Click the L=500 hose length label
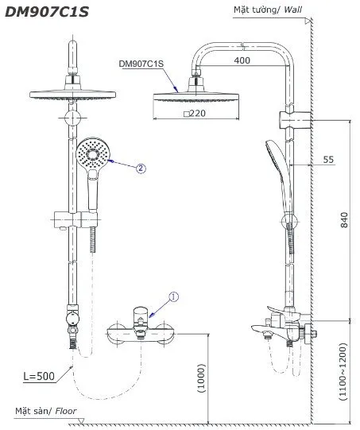coord(37,376)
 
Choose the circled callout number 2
coord(141,168)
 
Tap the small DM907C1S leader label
coord(141,63)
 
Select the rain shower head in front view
coord(72,90)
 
